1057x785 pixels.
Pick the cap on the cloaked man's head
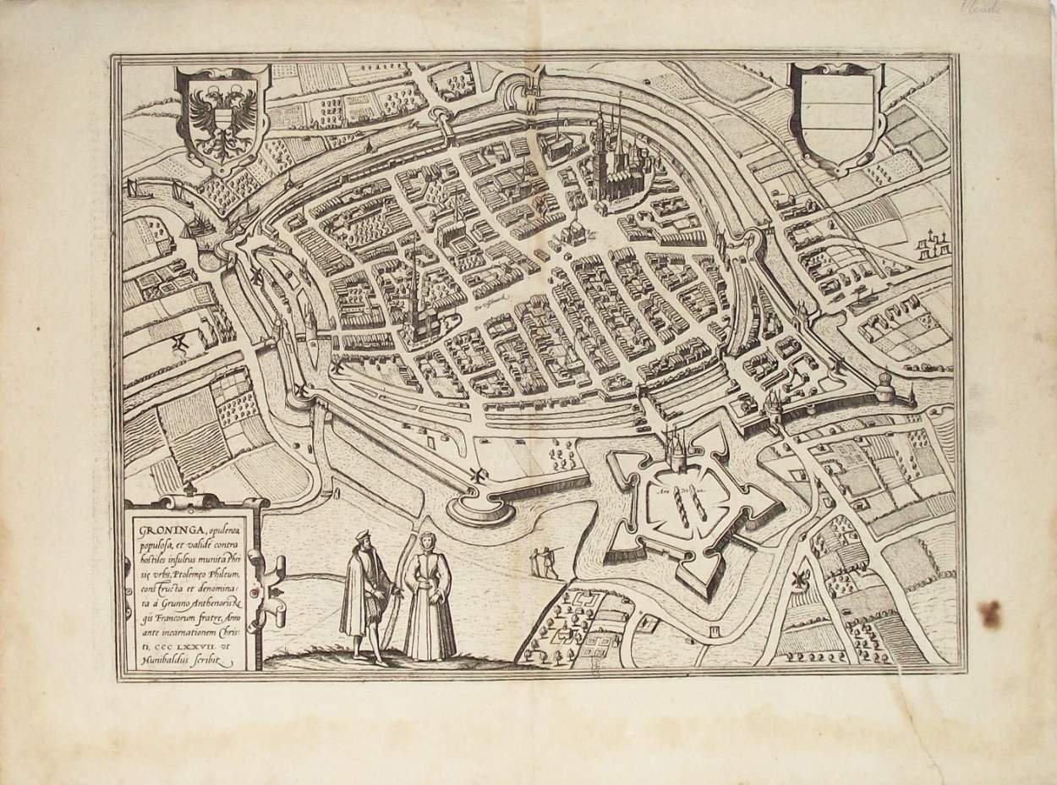coord(362,535)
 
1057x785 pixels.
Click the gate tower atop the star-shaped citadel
coord(675,448)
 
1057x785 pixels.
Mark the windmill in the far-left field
coord(180,343)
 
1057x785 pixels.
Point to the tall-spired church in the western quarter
coord(415,313)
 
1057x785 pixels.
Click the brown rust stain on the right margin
coord(988,614)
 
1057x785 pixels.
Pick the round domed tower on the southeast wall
coord(885,387)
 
